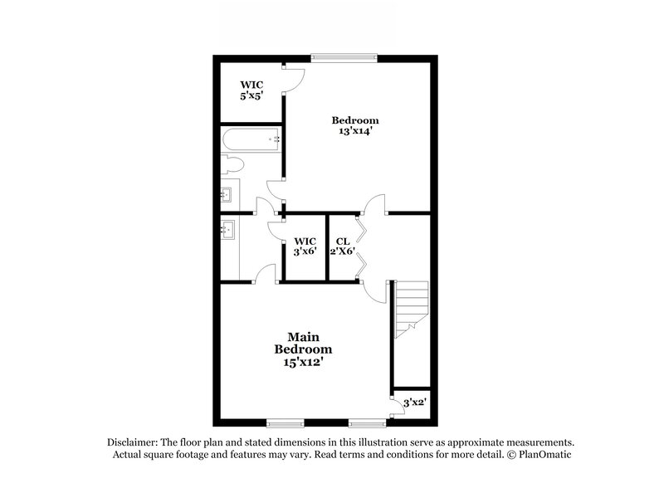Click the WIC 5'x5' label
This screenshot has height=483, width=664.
(x=252, y=90)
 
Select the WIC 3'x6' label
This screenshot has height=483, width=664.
(x=305, y=246)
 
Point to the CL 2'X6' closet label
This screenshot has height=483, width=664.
(x=342, y=246)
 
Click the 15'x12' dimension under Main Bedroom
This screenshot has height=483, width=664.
(x=304, y=362)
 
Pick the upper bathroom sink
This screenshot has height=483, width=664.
(x=229, y=197)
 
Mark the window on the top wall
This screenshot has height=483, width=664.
(x=344, y=57)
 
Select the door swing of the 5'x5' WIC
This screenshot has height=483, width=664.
(x=295, y=78)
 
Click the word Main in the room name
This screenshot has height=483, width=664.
(x=304, y=337)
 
